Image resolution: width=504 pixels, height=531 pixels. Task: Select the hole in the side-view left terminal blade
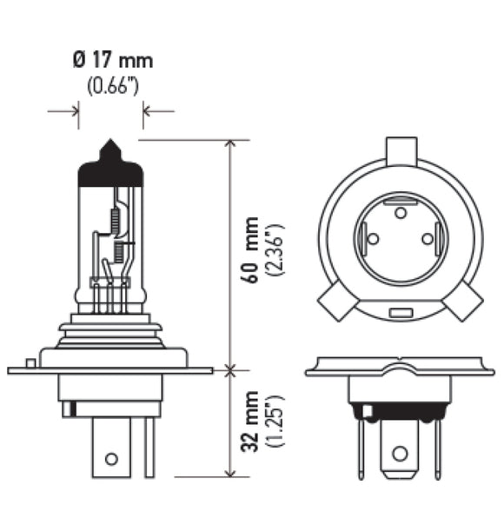tap(110, 459)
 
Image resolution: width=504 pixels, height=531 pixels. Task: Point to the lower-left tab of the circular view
tap(335, 303)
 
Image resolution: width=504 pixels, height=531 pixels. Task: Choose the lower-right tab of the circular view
tap(464, 303)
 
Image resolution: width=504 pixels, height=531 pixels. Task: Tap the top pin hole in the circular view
tap(400, 211)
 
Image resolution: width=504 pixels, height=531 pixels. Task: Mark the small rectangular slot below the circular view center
tap(400, 312)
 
